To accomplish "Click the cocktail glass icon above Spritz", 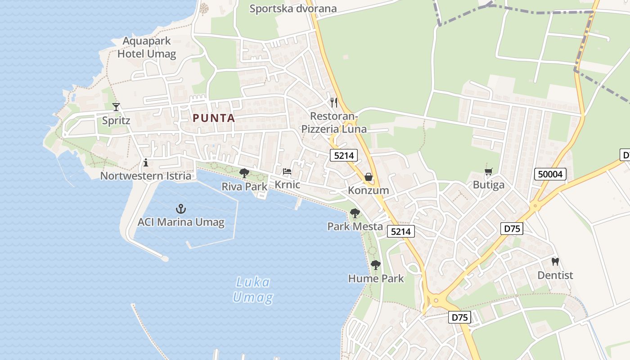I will click(116, 107).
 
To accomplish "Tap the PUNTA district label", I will click(214, 118).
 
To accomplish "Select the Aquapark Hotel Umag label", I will click(147, 48).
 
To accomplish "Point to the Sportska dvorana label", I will click(293, 9).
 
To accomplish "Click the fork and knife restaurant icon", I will click(333, 102).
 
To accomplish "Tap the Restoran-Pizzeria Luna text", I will click(334, 123).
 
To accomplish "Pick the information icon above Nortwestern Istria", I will click(145, 162).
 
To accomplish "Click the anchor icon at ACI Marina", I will click(180, 209).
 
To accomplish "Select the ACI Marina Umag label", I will click(181, 222).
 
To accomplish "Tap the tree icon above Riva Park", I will click(244, 173).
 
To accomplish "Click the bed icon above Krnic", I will click(287, 171).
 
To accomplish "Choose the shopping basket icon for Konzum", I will click(369, 177).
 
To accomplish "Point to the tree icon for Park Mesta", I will click(355, 213).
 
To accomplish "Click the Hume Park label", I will click(376, 279).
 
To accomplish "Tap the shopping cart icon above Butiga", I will click(488, 171).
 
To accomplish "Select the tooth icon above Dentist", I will click(555, 261).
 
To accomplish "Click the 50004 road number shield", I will click(550, 174).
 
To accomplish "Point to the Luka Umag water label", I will click(253, 290).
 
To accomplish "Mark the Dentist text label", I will click(555, 275).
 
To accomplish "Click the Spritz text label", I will click(116, 121).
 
